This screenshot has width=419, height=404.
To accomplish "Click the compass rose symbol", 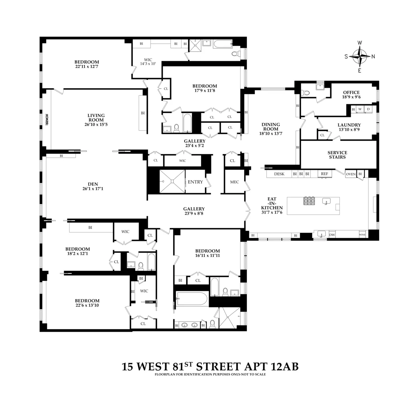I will click(360, 56).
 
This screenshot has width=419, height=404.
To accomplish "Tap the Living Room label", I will click(96, 118).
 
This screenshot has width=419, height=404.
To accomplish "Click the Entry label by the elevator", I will click(195, 182).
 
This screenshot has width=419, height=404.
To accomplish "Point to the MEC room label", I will click(234, 182).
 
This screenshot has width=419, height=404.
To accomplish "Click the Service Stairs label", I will click(337, 155).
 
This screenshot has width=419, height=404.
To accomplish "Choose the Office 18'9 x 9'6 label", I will click(351, 95).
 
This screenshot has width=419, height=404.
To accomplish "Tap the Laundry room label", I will click(349, 127).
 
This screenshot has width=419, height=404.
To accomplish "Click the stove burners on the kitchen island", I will click(309, 201).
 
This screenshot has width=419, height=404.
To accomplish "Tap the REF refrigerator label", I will click(324, 174).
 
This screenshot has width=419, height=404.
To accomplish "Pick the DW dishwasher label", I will click(332, 235).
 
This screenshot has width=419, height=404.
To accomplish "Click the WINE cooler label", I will click(362, 235).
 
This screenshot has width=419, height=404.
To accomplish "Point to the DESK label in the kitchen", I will click(279, 174).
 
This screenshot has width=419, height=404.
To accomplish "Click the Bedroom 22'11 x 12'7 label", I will click(87, 64).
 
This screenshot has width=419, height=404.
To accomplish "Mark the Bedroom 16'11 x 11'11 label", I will click(207, 253).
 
